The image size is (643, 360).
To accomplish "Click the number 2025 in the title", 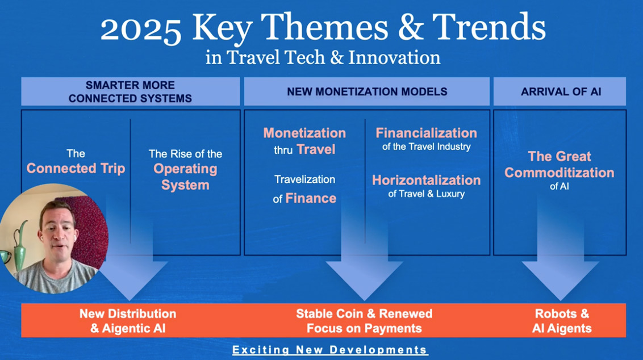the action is click(x=141, y=29).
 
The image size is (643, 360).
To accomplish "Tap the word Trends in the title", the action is click(x=489, y=27).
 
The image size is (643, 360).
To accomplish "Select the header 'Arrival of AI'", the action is click(x=561, y=91).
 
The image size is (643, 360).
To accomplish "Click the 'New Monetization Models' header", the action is click(x=367, y=91).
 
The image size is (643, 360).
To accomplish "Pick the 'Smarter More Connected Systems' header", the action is click(x=131, y=91).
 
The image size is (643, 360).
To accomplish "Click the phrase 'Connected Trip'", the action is click(x=76, y=168).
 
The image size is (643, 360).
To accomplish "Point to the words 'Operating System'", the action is click(x=185, y=177).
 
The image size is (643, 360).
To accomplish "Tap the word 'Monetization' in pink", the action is click(x=304, y=133).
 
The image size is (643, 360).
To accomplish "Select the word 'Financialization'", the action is click(x=427, y=133).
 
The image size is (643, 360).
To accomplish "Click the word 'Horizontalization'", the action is click(x=427, y=180).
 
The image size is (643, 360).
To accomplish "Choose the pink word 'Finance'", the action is click(x=311, y=198).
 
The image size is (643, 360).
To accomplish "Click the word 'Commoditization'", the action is click(x=560, y=173).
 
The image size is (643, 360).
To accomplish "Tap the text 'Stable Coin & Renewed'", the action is click(x=364, y=313).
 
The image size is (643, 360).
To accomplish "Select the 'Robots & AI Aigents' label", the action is click(x=562, y=321).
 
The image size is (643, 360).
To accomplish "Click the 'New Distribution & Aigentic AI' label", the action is click(x=128, y=321).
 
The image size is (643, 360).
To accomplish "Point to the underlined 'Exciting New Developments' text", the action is click(x=330, y=350).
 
